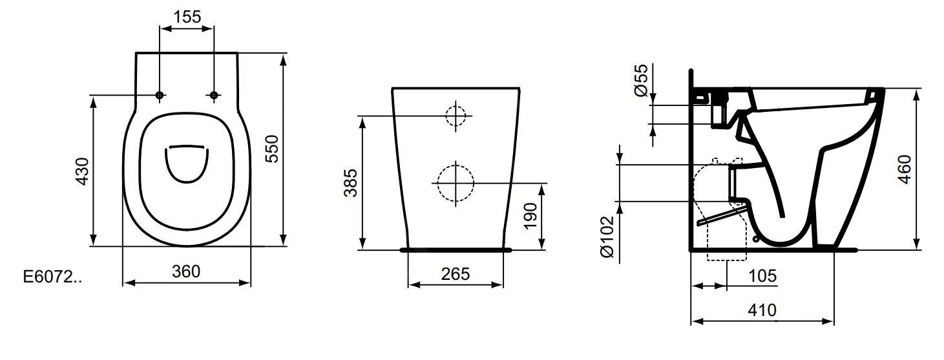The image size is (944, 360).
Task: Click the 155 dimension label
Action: (x=187, y=17)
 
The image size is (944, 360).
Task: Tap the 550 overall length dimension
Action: (x=272, y=150)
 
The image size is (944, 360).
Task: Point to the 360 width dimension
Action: (x=187, y=271)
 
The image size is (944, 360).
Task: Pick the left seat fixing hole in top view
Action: (x=160, y=96)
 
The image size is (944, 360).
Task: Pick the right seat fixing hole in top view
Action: (x=214, y=96)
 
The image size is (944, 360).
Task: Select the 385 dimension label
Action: (x=349, y=182)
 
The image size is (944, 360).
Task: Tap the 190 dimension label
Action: (x=530, y=216)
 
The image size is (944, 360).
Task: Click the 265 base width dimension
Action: (x=456, y=273)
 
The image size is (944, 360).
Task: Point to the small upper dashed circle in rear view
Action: (x=456, y=116)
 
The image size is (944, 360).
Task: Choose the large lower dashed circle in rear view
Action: (x=455, y=183)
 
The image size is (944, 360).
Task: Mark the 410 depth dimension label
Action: (x=762, y=311)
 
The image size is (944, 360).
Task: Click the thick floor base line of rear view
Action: (x=456, y=249)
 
